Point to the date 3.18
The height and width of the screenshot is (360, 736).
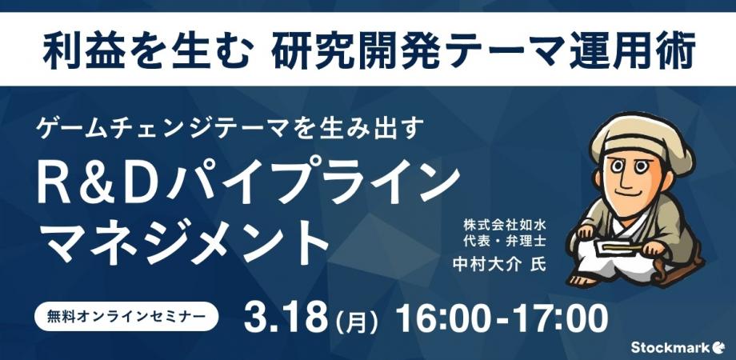pos(286,317)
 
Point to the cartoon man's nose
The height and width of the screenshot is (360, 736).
pos(634,178)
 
